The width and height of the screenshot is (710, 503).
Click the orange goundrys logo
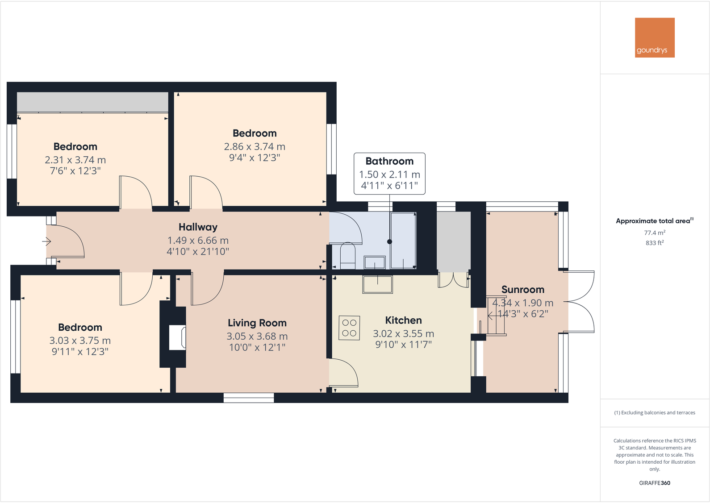[x=655, y=37]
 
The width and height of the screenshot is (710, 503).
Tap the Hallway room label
[x=198, y=227]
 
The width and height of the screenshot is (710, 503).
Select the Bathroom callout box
[x=389, y=173]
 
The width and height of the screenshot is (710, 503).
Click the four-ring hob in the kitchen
[x=349, y=328]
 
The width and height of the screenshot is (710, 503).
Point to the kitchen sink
[x=377, y=284]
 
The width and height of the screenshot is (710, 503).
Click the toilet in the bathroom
[x=347, y=256]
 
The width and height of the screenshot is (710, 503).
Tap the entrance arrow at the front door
[x=46, y=241]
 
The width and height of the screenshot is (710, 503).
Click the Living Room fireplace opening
[x=177, y=337]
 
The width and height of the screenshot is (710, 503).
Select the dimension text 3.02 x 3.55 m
[x=403, y=334]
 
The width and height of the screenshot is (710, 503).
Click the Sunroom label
[x=522, y=290]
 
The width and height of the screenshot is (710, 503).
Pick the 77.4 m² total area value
[x=655, y=233]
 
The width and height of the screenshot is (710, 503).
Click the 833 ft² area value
[x=655, y=243]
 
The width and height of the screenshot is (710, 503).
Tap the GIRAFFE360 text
[x=655, y=483]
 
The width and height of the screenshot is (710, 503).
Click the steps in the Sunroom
[x=496, y=316]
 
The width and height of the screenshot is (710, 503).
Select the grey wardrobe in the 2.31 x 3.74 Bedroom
[x=92, y=102]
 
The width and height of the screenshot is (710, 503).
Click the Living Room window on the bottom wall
[x=249, y=398]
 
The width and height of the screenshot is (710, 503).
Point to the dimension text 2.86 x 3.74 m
[x=255, y=146]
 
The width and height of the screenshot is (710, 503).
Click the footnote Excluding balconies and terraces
[x=655, y=413]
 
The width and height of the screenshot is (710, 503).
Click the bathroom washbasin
[x=375, y=262]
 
